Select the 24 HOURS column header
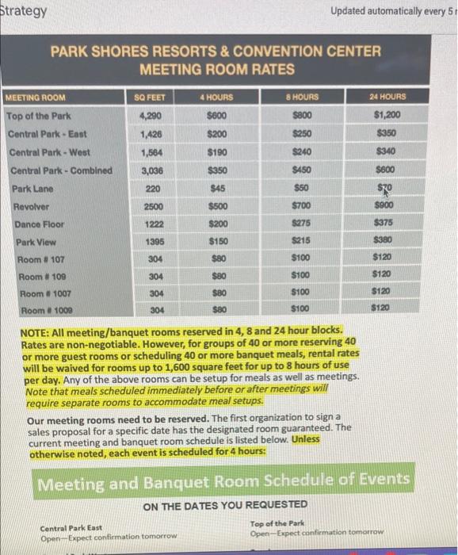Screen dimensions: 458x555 point(387,97)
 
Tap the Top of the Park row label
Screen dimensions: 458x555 point(39,116)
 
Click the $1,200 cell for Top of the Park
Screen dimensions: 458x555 point(387,114)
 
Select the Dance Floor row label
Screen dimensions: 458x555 point(37,224)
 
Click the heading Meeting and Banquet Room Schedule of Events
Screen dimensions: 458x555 point(223,480)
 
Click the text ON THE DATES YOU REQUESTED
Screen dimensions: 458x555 point(225,505)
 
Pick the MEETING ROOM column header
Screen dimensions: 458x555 point(35,98)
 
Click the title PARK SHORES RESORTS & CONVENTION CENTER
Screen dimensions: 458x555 point(216,52)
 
